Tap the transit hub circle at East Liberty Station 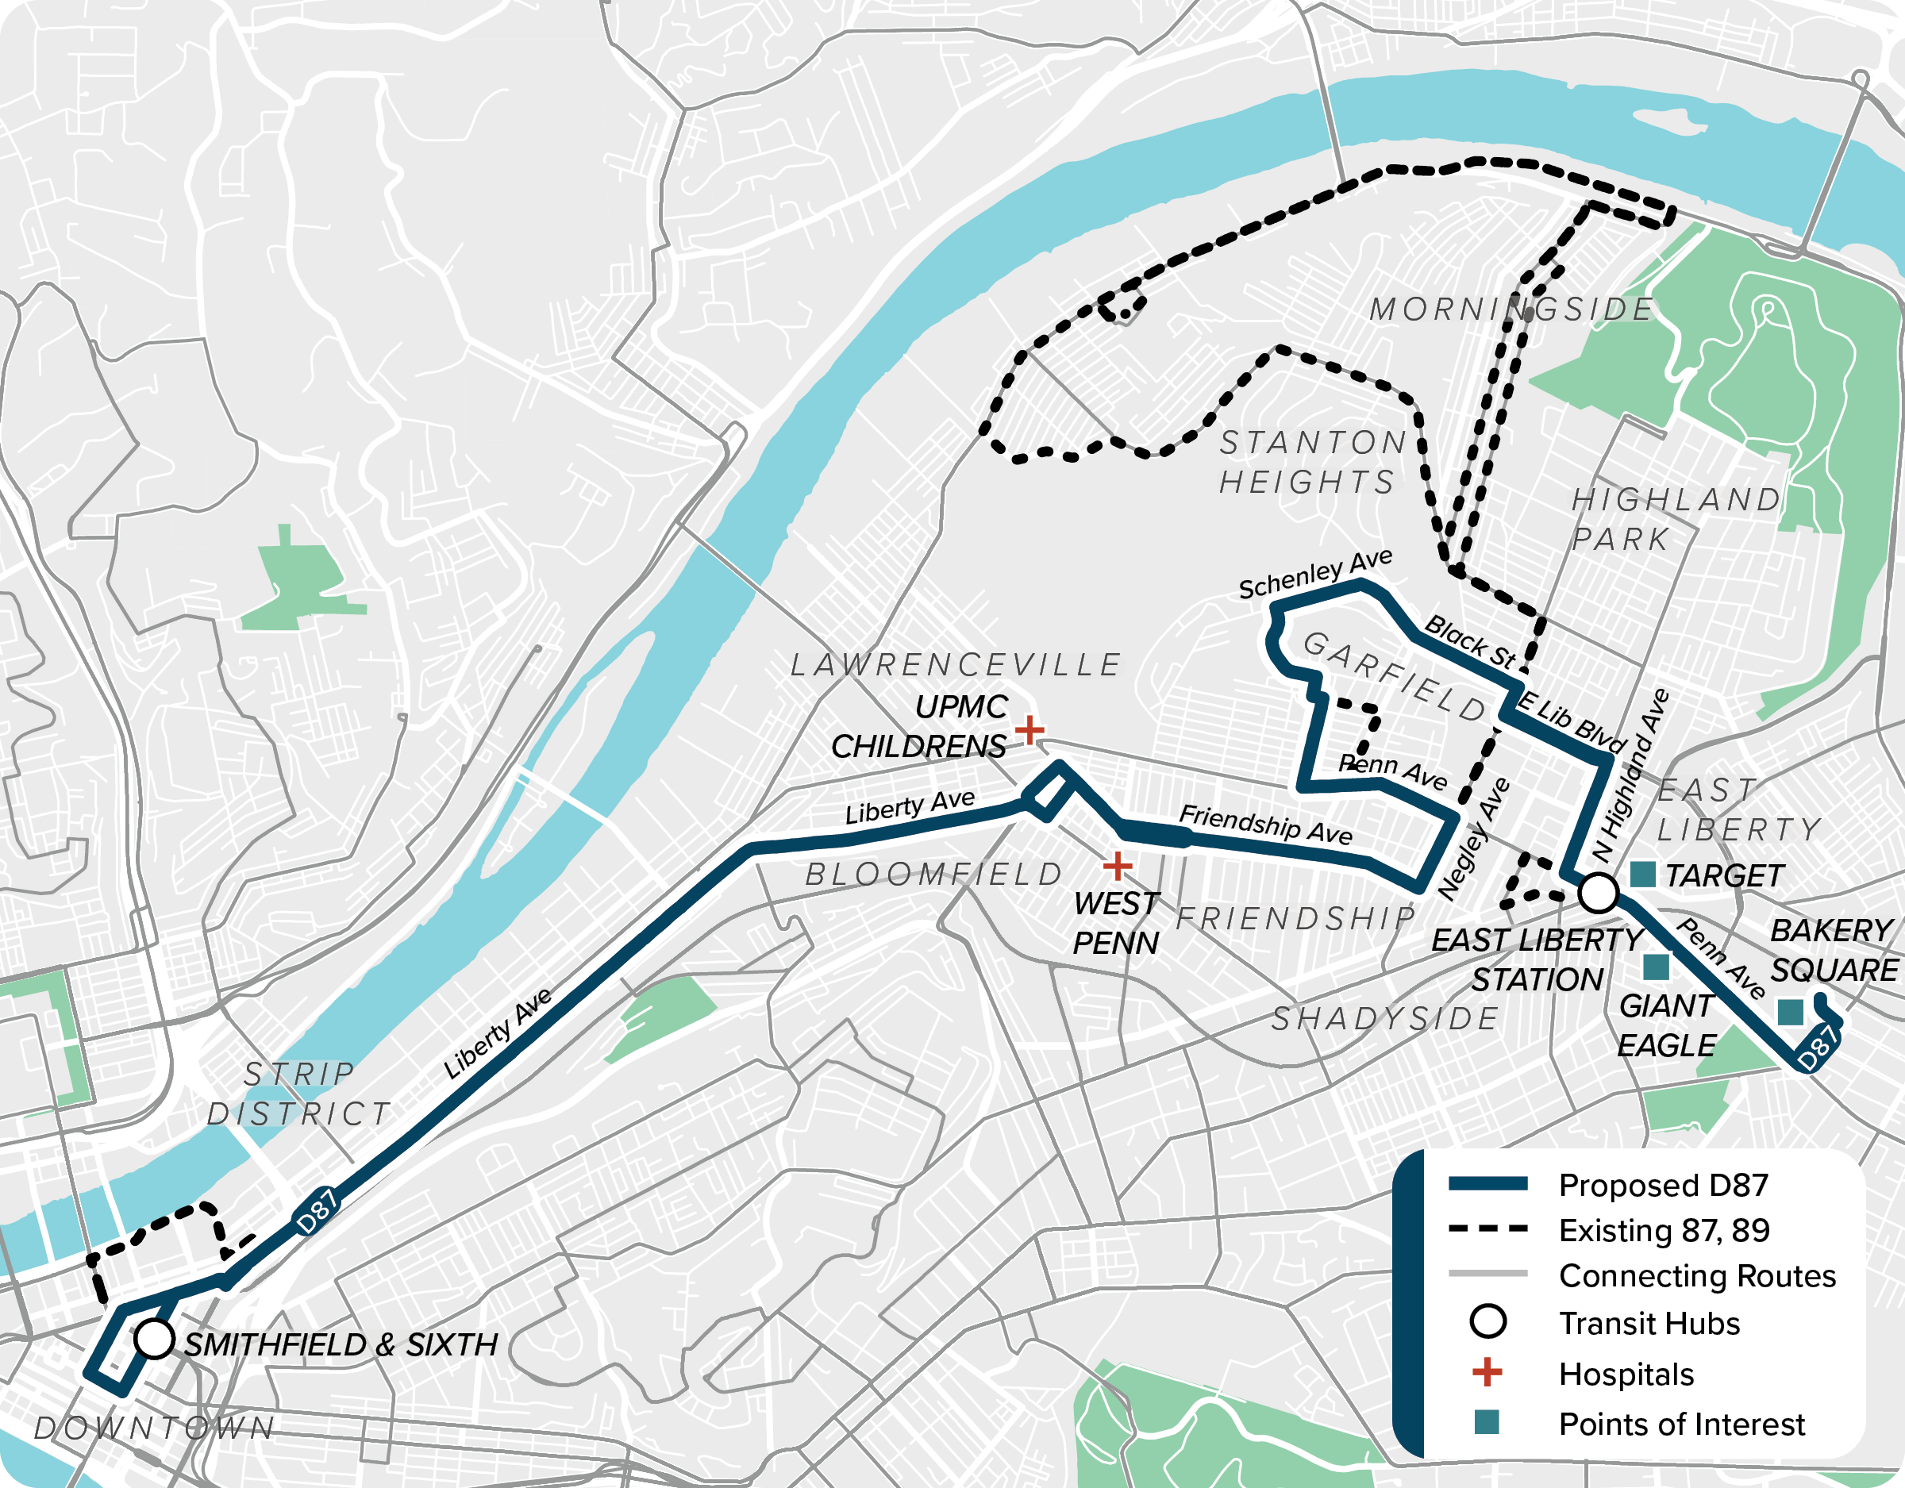point(1599,892)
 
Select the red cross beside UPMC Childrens point(1029,729)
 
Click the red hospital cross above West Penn point(1118,866)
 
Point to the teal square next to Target point(1643,874)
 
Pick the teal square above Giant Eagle point(1656,967)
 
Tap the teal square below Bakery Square point(1791,1012)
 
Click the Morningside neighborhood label point(1511,310)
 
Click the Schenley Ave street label point(1315,575)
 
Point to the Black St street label point(1471,641)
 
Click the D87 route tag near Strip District point(316,1212)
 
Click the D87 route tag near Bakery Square point(1818,1048)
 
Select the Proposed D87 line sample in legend point(1488,1183)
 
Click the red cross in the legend point(1487,1372)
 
